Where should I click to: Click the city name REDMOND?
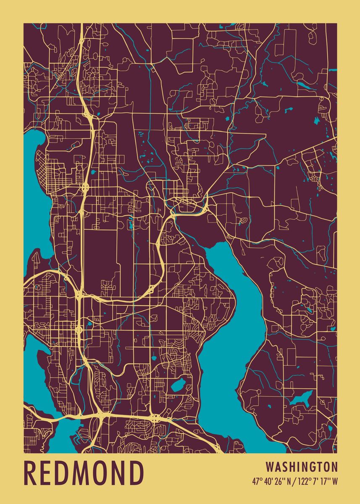coord(84,473)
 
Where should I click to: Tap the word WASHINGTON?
coord(302,467)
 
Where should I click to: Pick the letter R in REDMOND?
coord(31,473)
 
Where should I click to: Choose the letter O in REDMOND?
coord(102,473)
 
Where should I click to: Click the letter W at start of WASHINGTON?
coord(269,467)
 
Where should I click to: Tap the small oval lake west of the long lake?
coord(178,384)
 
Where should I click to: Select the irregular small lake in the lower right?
coord(301,399)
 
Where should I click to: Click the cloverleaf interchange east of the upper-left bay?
coord(85,185)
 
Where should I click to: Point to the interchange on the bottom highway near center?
coord(155,417)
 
